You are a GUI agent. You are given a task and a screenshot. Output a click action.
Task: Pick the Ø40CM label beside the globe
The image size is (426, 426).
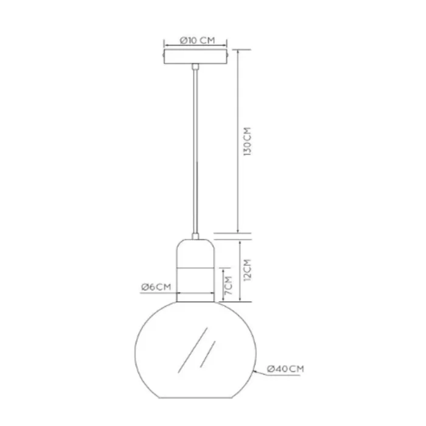(285, 369)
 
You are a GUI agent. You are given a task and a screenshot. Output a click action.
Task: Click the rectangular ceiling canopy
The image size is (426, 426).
(196, 57)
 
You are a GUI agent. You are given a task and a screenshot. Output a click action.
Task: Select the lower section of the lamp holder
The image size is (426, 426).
(196, 283)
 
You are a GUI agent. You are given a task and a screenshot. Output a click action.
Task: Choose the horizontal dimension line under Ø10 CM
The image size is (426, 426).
(196, 46)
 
